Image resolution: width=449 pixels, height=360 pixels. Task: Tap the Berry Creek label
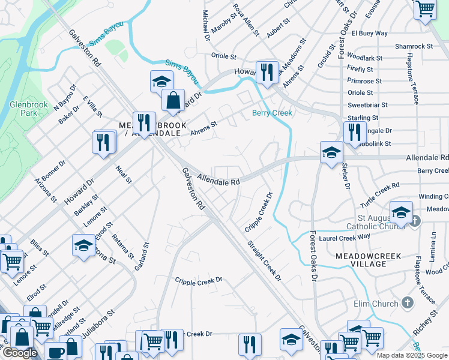272,113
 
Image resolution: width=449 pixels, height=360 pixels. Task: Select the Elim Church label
376,304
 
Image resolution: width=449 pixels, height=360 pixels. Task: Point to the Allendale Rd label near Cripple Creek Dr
218,180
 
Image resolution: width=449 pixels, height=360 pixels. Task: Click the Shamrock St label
414,46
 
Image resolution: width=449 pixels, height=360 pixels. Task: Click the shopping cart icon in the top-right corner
425,9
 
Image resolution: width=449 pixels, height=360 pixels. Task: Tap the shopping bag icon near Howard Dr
173,100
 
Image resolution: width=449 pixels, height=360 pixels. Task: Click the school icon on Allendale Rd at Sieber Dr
331,152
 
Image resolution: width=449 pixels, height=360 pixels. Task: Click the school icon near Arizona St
83,244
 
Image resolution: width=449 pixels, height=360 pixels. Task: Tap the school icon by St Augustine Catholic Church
401,212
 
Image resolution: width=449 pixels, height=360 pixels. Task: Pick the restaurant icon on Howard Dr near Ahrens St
267,71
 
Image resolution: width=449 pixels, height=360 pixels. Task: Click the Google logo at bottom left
19,353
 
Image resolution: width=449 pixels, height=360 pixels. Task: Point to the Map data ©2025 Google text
412,355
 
